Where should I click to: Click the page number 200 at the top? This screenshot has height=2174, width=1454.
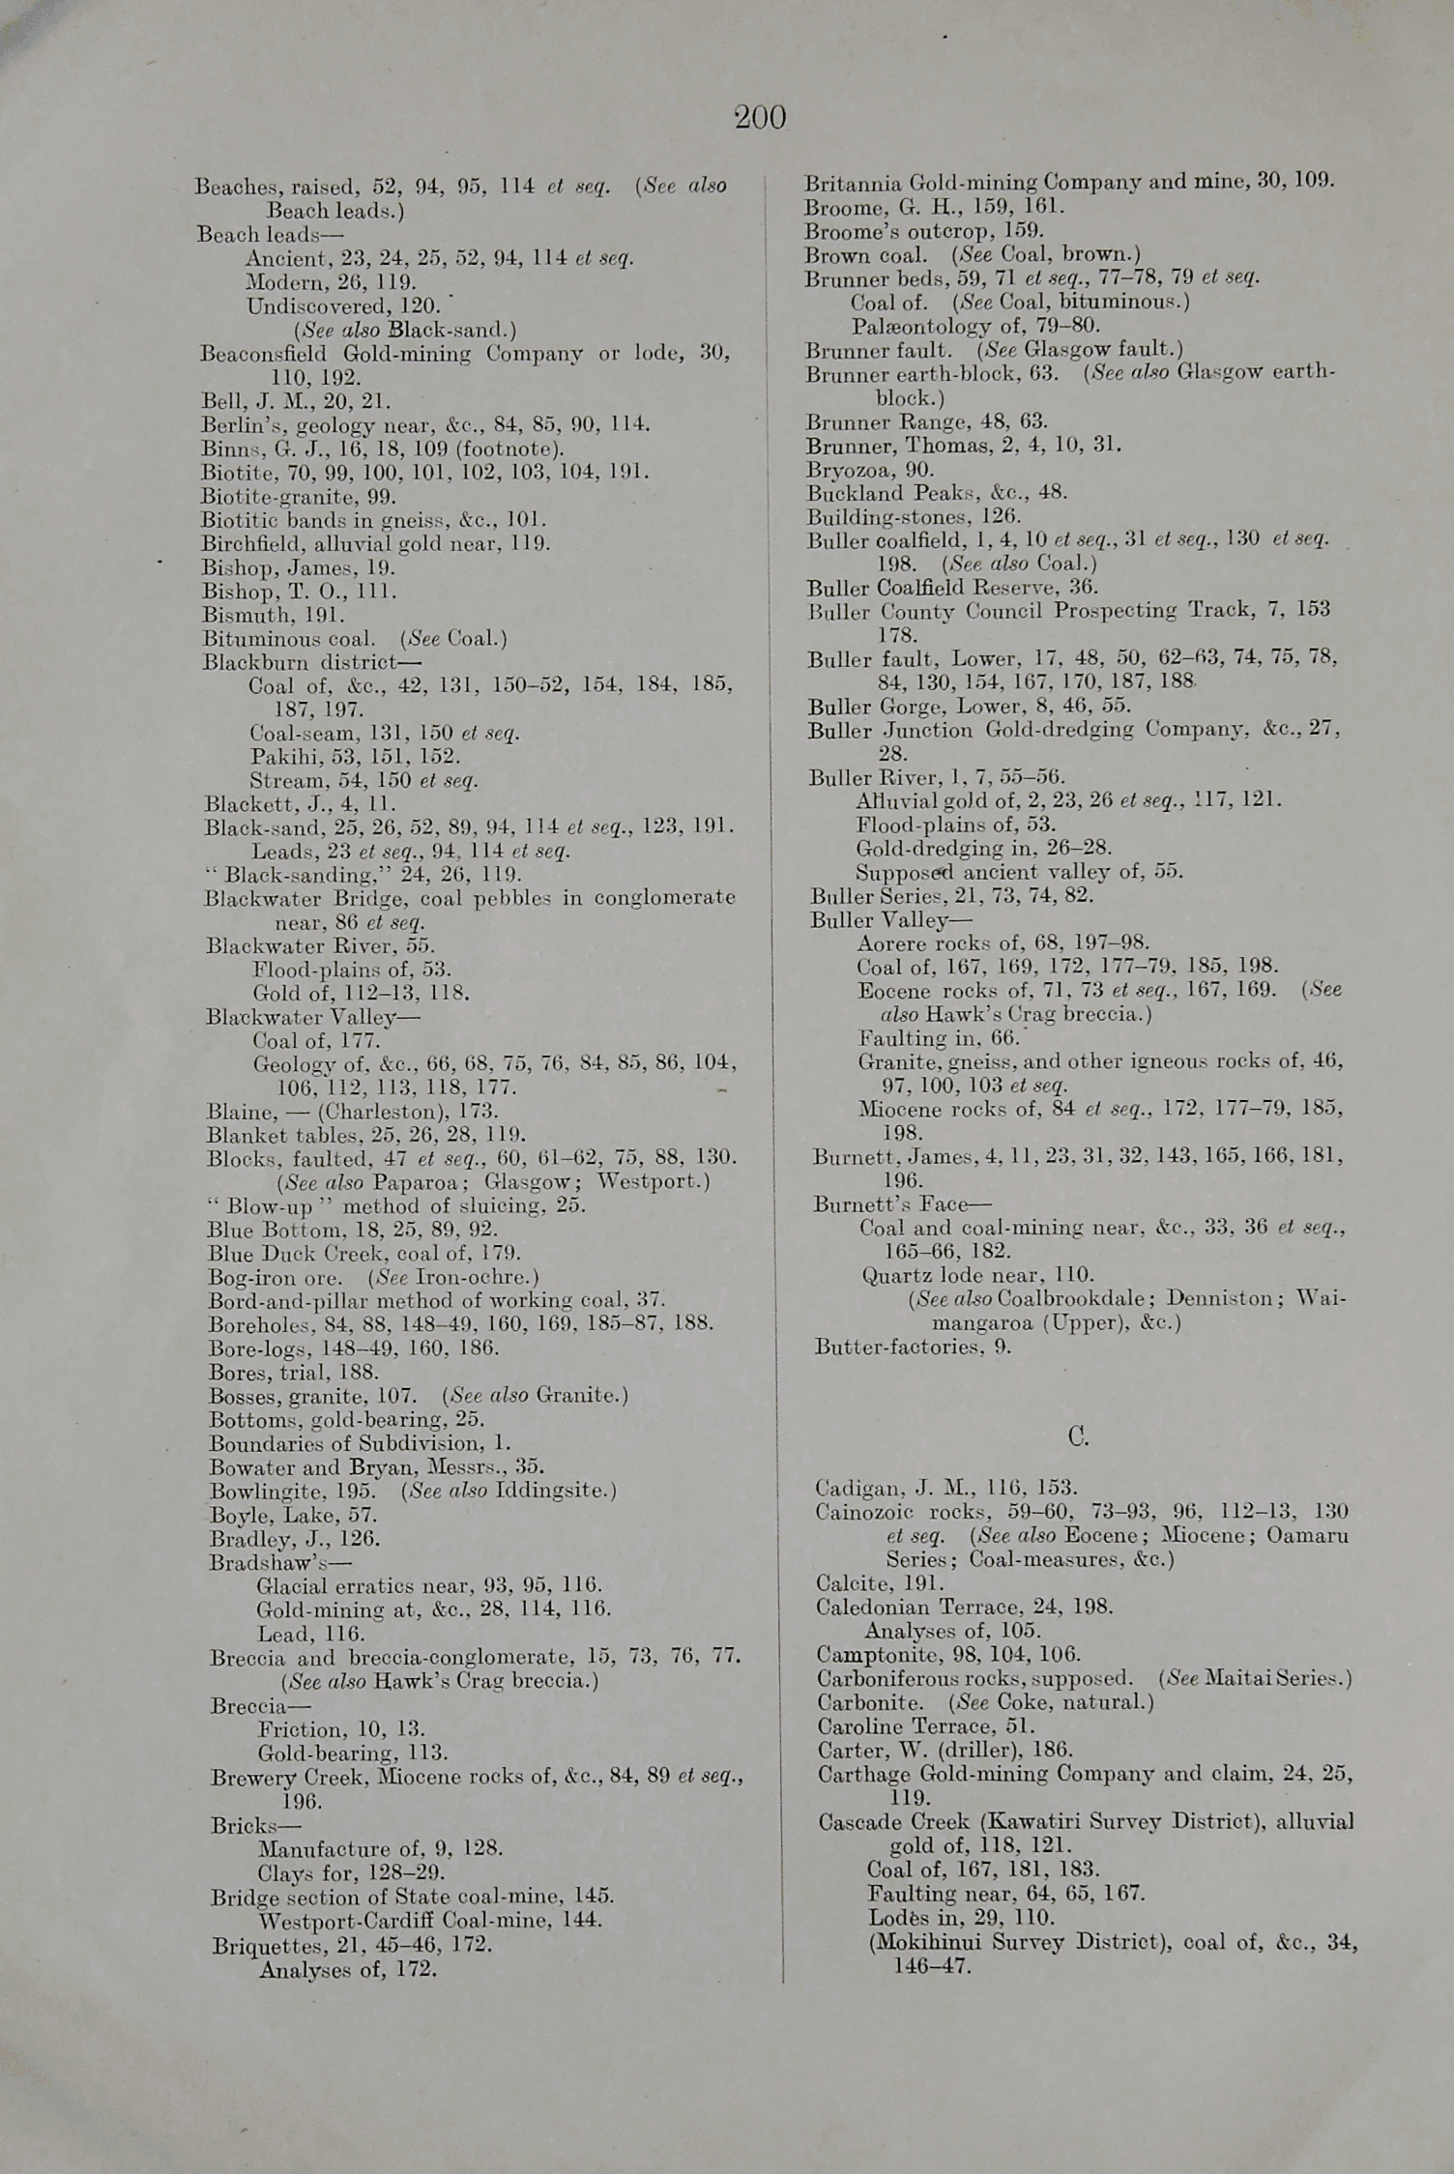[x=760, y=118]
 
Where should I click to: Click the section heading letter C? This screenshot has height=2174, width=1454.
[x=1078, y=1436]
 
